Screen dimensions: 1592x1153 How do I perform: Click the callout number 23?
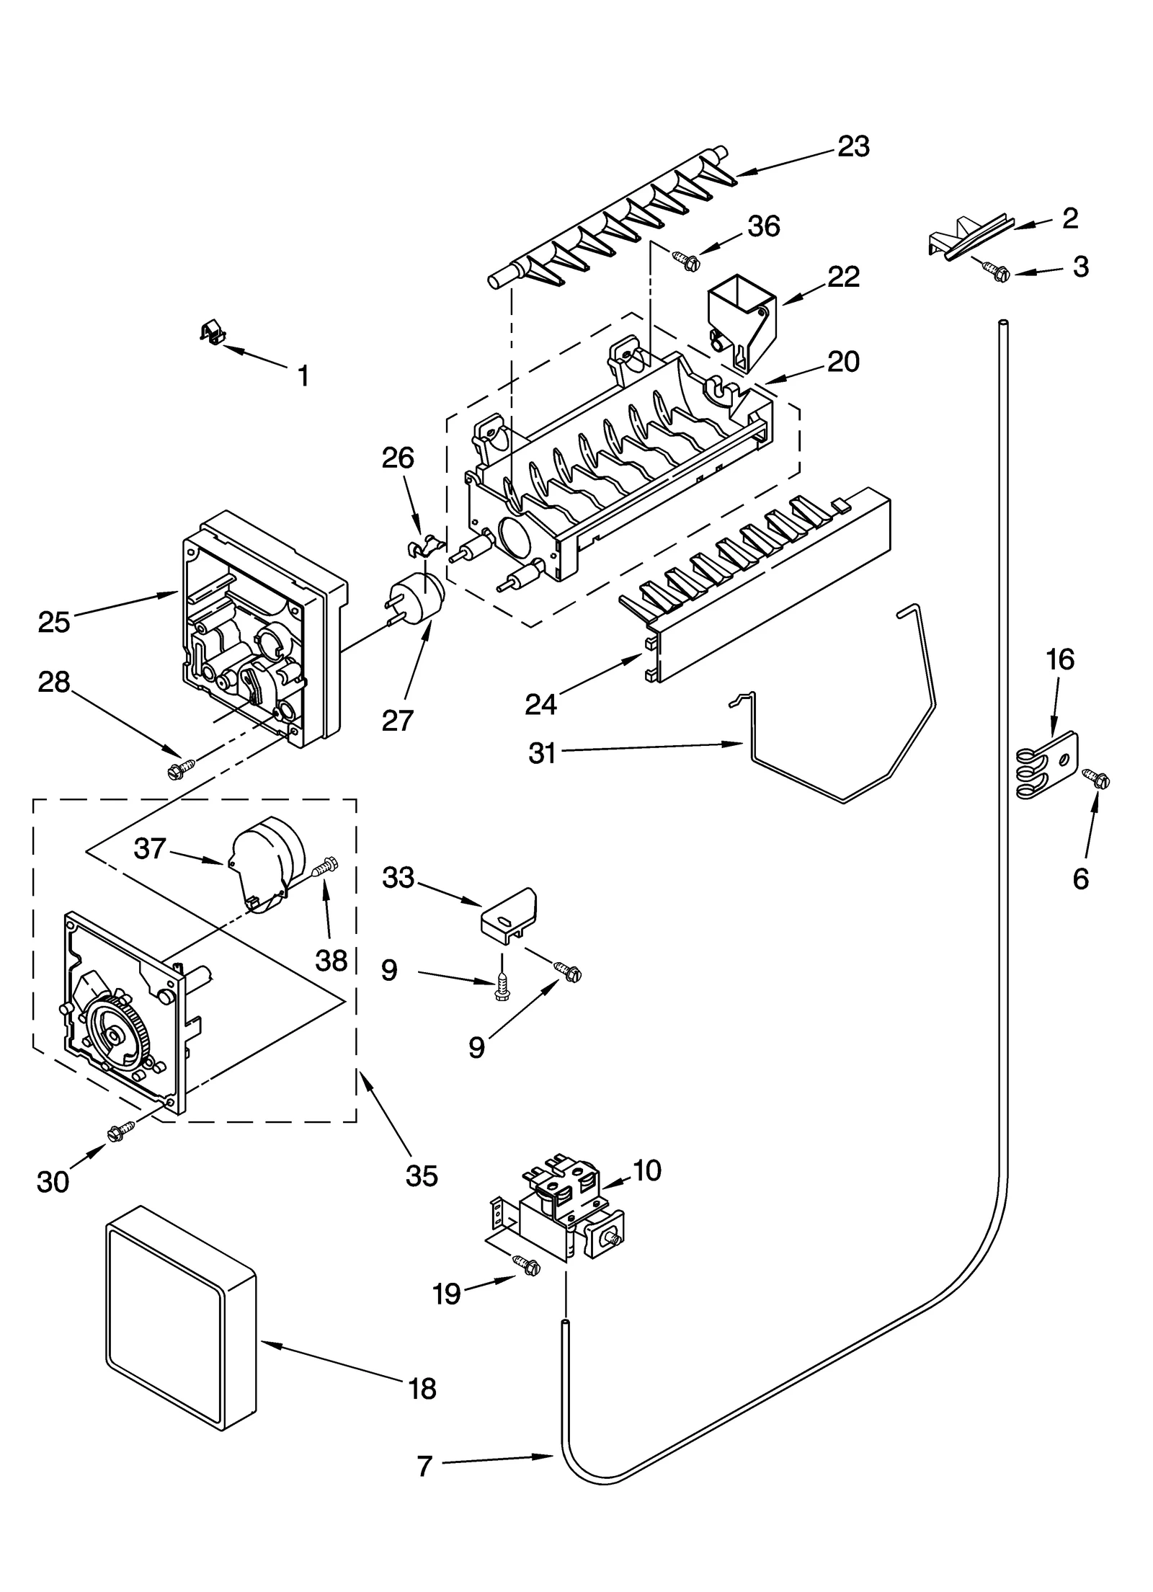pyautogui.click(x=854, y=146)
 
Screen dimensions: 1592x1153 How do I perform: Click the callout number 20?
pyautogui.click(x=843, y=361)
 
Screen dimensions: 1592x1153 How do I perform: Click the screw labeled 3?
pyautogui.click(x=997, y=271)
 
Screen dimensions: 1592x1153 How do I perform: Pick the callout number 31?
pyautogui.click(x=542, y=753)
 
